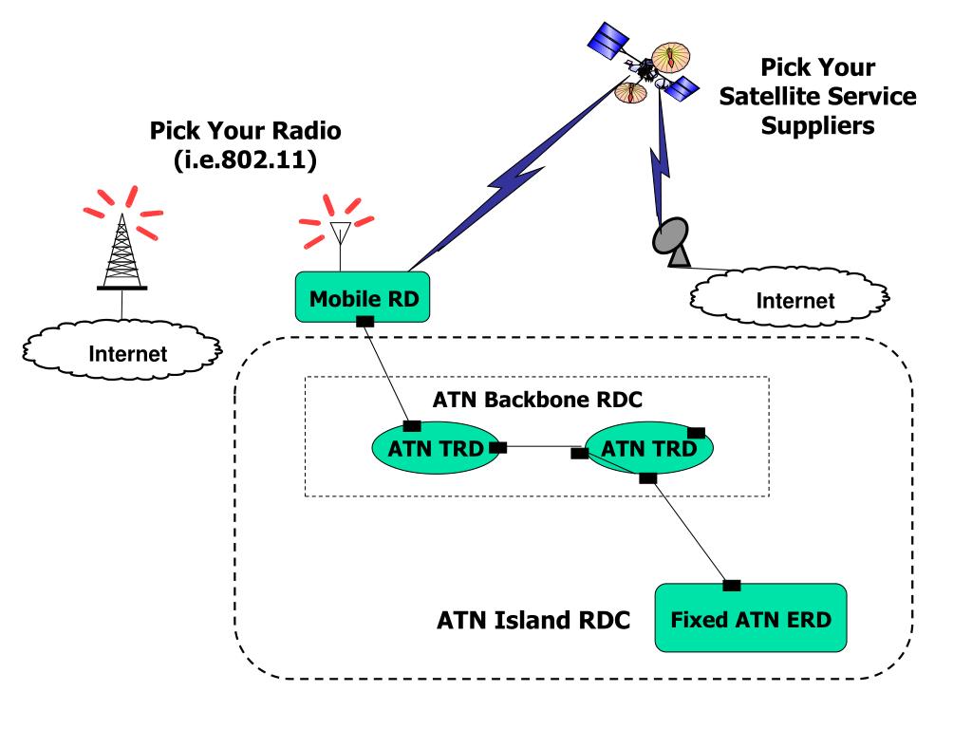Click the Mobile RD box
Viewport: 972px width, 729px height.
tap(363, 297)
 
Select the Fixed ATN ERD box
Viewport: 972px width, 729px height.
tap(751, 618)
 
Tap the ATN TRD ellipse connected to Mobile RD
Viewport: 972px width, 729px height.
tap(435, 448)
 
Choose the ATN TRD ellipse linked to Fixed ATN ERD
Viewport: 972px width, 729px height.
tap(649, 448)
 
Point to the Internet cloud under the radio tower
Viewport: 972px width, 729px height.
tap(122, 350)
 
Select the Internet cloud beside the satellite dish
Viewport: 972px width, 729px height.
tap(790, 298)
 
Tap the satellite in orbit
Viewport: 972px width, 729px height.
tap(644, 64)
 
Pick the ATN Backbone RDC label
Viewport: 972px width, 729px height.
tap(537, 400)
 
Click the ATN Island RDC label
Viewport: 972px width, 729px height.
tap(533, 620)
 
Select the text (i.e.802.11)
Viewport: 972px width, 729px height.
tap(246, 159)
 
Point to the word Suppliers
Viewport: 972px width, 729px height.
tap(817, 126)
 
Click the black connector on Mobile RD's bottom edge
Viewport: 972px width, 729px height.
tap(365, 321)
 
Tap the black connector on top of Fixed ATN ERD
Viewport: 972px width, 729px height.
tap(732, 585)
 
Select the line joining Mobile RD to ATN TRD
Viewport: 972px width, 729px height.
tap(387, 374)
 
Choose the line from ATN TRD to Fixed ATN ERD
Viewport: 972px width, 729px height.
tap(690, 532)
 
